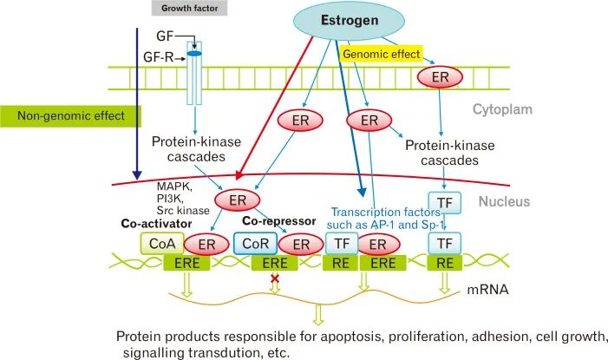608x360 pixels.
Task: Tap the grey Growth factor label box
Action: [190, 9]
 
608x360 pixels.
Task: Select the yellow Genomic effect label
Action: [382, 54]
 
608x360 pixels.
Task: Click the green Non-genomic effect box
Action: [69, 115]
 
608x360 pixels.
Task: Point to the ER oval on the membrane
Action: [440, 78]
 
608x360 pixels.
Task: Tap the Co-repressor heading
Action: [280, 221]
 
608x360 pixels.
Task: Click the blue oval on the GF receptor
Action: [194, 54]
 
